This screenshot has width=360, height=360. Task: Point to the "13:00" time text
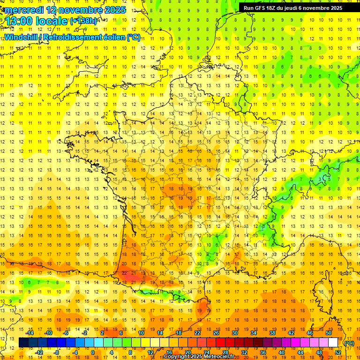[x=19, y=22]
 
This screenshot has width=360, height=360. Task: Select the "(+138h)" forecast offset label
[x=83, y=21]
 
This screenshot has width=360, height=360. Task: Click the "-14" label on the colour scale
[x=30, y=332]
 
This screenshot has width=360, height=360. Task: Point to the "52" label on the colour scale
[x=338, y=352]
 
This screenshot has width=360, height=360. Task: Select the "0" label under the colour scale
[x=92, y=352]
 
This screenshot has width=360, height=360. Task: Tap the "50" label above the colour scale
[x=329, y=332]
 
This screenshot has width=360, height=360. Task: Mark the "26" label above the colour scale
[x=216, y=332]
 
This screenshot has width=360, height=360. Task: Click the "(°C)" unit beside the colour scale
[x=349, y=343]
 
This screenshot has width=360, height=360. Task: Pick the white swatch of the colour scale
[x=333, y=343]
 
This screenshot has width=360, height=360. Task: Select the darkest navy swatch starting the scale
[x=23, y=343]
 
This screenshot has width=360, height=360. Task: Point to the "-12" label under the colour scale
[x=39, y=352]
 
